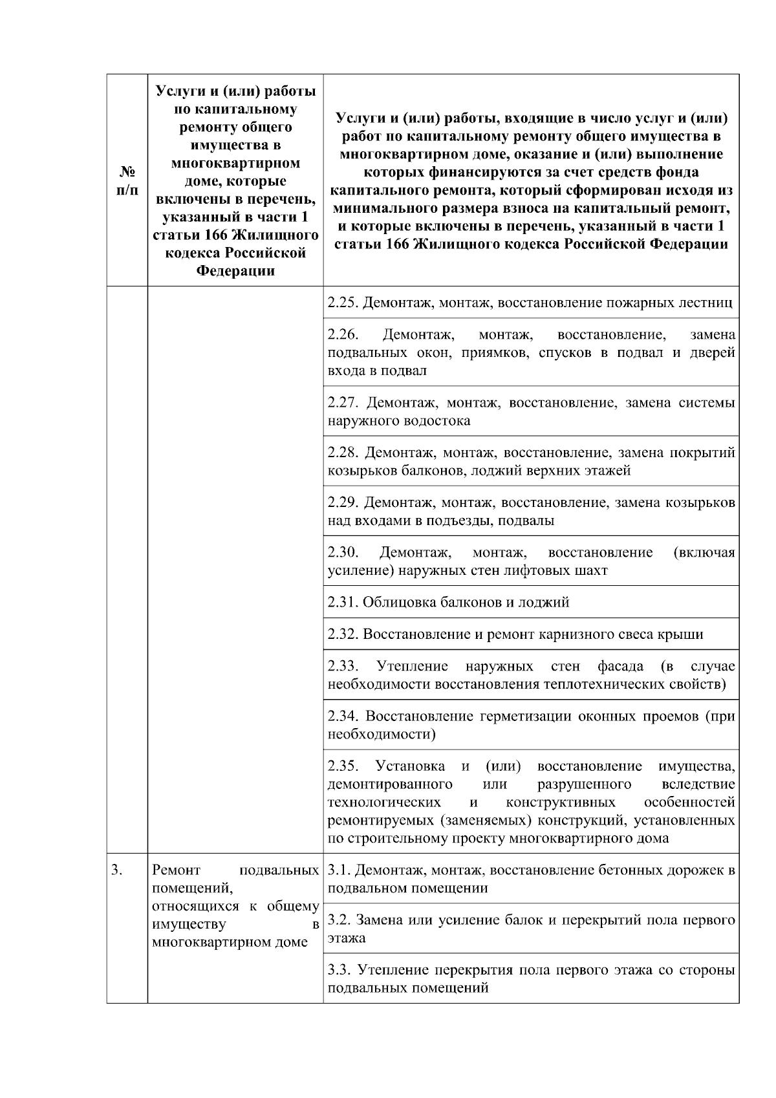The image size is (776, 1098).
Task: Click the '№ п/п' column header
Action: [127, 181]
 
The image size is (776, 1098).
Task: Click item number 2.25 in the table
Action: [342, 303]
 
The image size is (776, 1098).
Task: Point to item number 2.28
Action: [342, 453]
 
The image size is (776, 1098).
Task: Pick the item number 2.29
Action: [342, 502]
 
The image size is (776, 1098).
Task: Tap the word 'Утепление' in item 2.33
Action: [413, 666]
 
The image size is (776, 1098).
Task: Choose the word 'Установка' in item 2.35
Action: [409, 766]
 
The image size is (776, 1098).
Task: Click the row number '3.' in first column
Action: [116, 870]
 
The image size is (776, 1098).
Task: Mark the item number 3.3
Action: [339, 970]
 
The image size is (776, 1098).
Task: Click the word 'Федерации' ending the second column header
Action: [235, 271]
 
